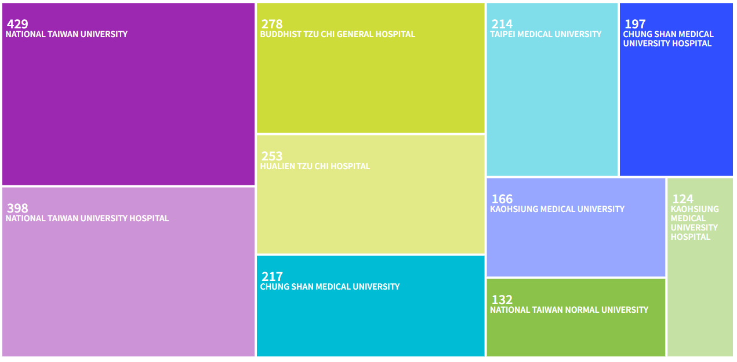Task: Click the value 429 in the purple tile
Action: click(x=17, y=24)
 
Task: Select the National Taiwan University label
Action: click(x=67, y=34)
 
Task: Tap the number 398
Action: click(x=17, y=209)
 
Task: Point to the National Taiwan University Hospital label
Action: click(x=88, y=218)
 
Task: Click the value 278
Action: click(x=272, y=24)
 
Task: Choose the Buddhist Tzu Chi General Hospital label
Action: click(x=337, y=34)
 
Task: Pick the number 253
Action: click(x=272, y=156)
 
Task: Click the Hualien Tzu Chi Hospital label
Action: click(x=315, y=166)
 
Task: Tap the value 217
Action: click(x=272, y=277)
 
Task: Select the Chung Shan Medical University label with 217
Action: click(x=330, y=287)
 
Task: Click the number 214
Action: click(x=502, y=24)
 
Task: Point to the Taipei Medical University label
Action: click(x=546, y=34)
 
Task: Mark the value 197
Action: click(x=635, y=24)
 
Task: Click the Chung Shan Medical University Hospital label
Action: click(x=668, y=39)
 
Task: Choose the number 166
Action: click(x=502, y=199)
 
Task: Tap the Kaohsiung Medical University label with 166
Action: click(x=557, y=209)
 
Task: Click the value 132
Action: click(x=502, y=300)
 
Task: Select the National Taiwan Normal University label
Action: click(x=569, y=310)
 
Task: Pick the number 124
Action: click(x=682, y=199)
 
